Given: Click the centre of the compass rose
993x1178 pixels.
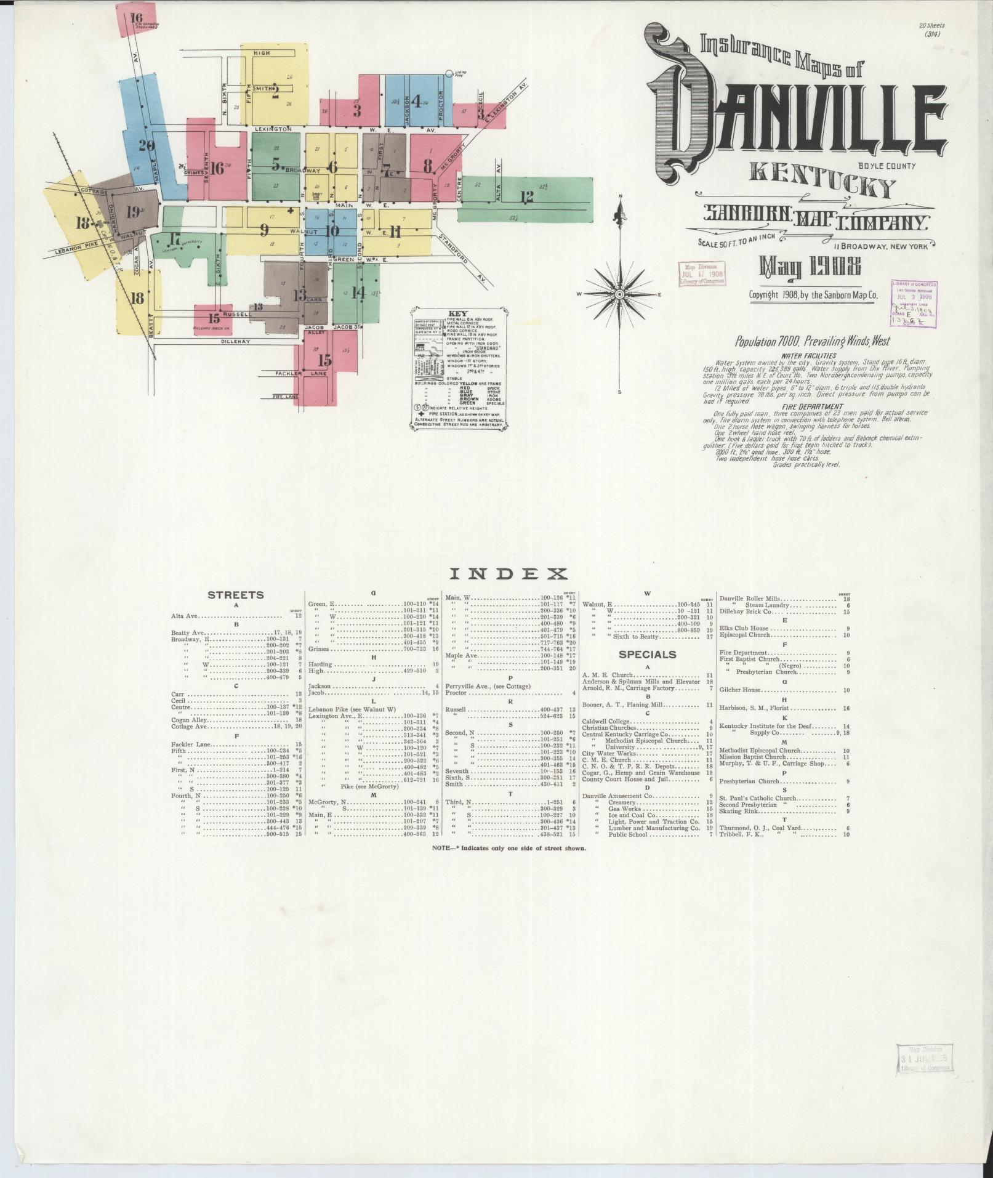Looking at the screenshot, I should point(620,294).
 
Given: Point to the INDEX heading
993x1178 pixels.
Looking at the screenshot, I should point(508,575).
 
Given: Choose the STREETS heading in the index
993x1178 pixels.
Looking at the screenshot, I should point(235,595).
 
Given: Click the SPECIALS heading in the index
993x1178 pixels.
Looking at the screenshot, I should point(647,655).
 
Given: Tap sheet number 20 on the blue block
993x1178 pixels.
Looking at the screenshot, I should point(146,146).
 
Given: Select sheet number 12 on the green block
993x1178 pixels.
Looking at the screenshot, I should point(526,197).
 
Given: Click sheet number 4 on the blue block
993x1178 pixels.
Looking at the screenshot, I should point(417,101).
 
